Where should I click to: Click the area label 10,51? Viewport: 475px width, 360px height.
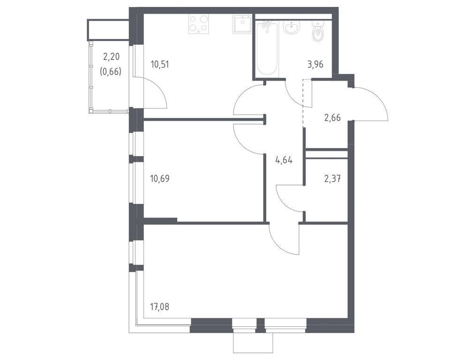[x=160, y=64]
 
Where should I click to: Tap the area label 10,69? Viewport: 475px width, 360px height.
[x=160, y=178]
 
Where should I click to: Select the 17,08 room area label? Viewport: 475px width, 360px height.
[x=160, y=307]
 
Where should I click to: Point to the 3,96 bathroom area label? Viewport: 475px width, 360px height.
[x=316, y=64]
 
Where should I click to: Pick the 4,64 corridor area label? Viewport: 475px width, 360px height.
[x=284, y=160]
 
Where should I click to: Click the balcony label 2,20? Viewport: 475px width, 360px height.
[x=111, y=57]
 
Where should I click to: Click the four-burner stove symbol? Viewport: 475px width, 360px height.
[x=198, y=24]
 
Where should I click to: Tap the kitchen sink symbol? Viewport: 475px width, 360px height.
[x=243, y=24]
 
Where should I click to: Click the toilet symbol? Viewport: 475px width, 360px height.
[x=319, y=32]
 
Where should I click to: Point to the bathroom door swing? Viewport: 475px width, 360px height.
[x=295, y=94]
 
